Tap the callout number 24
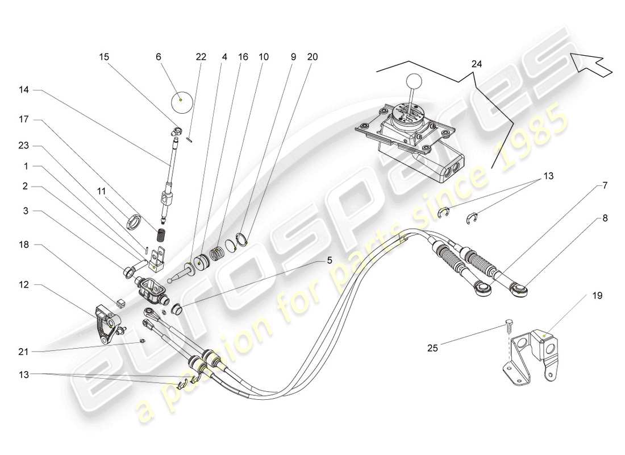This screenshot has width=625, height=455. click(x=476, y=65)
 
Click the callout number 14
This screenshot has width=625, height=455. click(x=23, y=90)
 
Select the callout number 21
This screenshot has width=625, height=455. click(x=23, y=352)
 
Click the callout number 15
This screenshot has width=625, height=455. click(x=105, y=57)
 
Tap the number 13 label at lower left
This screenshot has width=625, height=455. click(x=23, y=375)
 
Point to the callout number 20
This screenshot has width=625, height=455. click(x=312, y=57)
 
